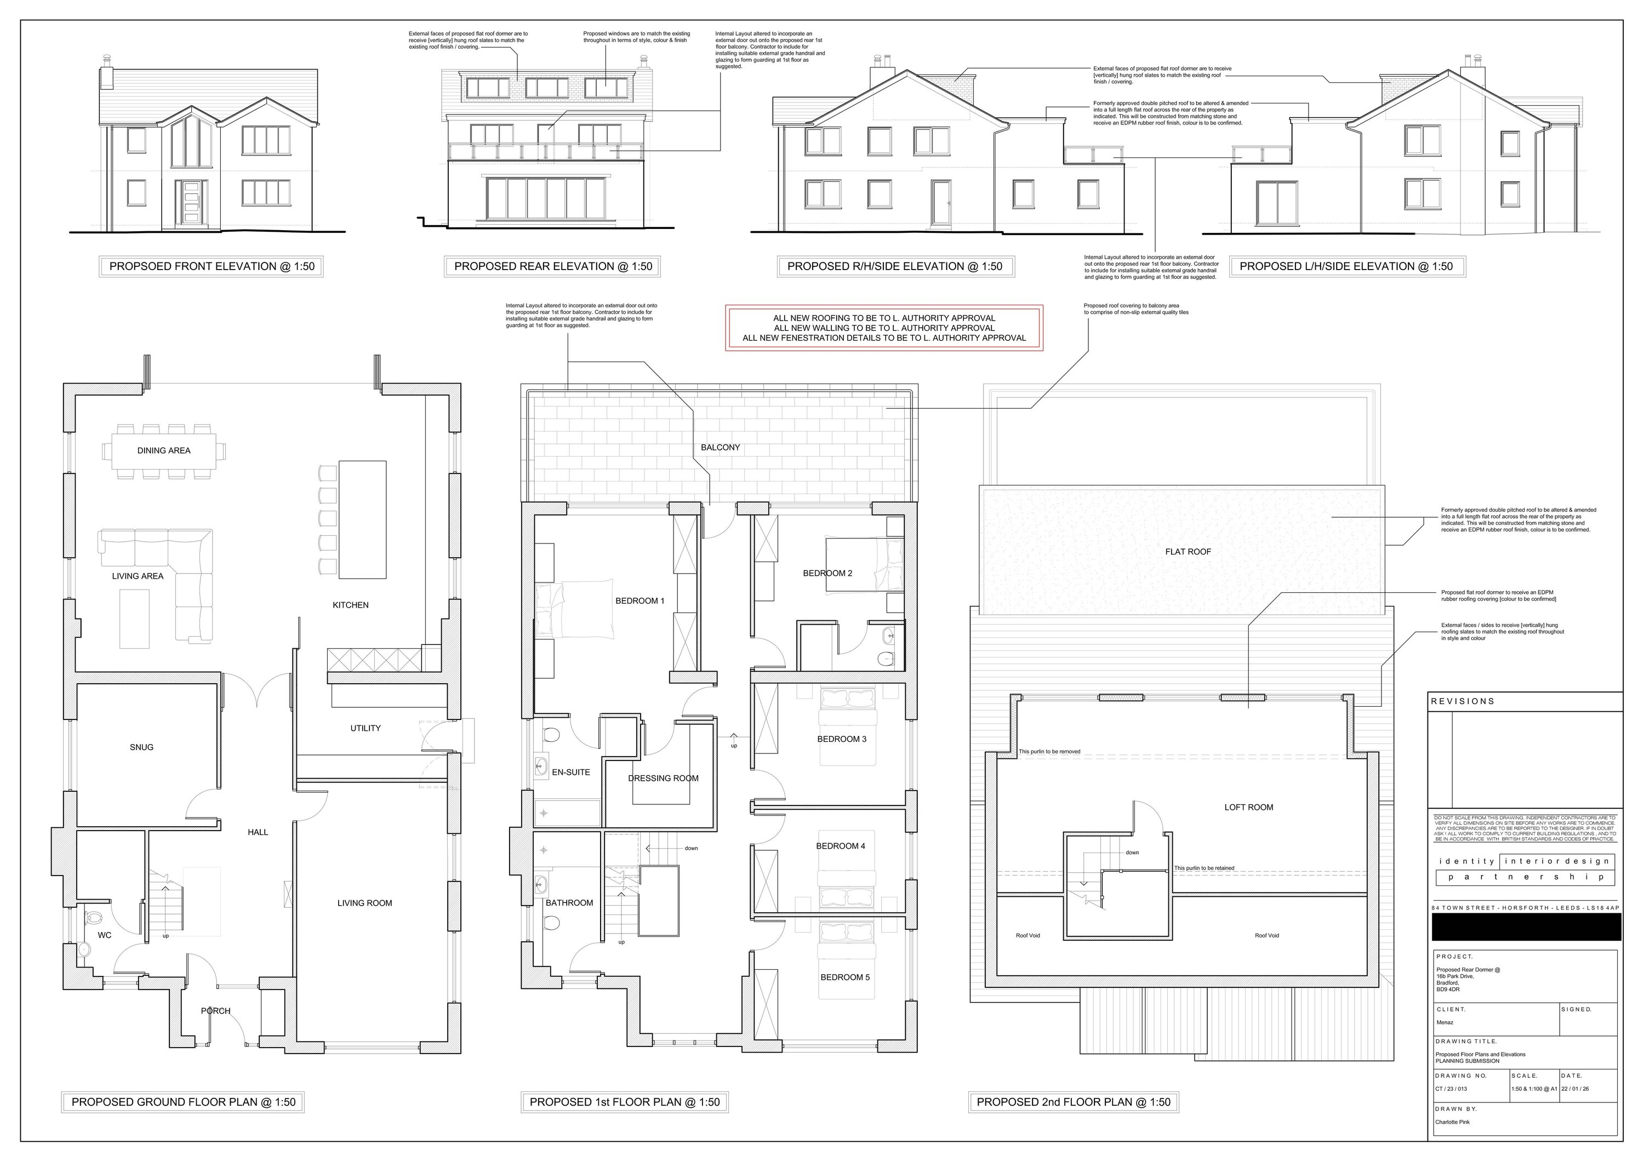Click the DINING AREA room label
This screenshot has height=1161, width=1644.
point(163,450)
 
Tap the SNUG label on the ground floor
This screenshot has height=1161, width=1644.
point(142,747)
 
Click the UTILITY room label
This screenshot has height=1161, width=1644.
point(365,728)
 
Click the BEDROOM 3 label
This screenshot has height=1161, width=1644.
point(842,739)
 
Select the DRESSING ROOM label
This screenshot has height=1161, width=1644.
point(663,778)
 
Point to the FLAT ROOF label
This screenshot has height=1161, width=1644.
point(1188,551)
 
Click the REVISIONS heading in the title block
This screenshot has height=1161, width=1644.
point(1462,701)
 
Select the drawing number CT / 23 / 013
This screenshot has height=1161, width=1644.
point(1451,1089)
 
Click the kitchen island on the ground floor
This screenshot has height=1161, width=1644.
point(362,519)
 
